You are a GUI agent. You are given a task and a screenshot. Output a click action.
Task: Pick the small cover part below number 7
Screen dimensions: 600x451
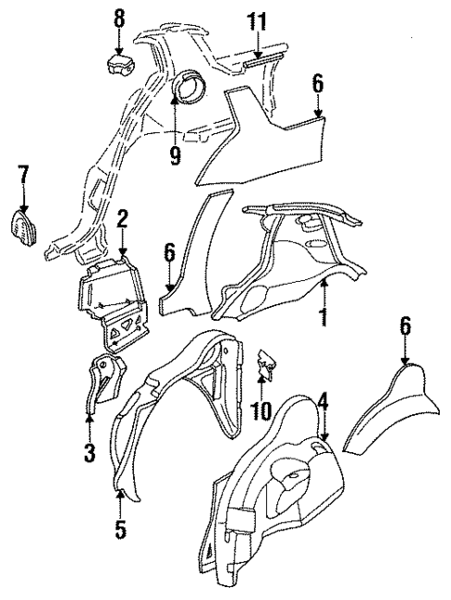coord(23,226)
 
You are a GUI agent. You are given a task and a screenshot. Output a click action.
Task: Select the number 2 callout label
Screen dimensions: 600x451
coord(122,220)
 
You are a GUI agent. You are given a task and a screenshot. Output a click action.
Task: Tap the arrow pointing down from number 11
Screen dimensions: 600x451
coord(256,47)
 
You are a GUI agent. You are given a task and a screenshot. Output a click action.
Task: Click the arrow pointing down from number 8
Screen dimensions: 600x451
coord(118,42)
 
